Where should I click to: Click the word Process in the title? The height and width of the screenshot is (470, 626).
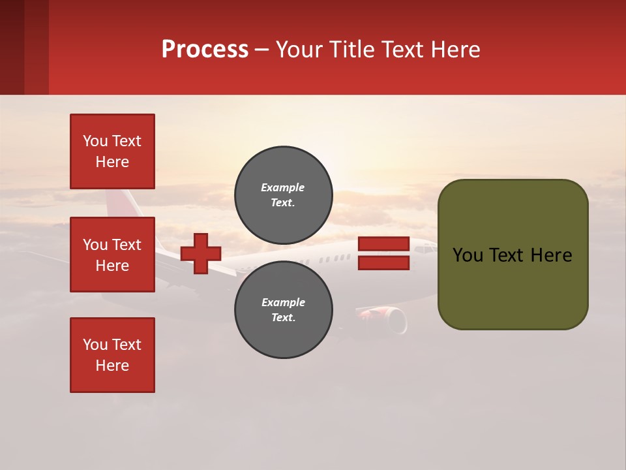205,49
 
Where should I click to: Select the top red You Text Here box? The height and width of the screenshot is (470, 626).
112,151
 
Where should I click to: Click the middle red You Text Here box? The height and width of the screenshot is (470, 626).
112,255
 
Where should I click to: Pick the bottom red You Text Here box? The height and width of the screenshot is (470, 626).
112,355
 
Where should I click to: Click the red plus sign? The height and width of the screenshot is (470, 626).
201,253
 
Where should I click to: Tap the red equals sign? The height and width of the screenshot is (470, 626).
383,253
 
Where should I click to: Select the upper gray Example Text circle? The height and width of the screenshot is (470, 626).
283,195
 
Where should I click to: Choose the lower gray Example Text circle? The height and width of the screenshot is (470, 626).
283,310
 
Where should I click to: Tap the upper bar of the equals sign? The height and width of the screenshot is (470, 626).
383,243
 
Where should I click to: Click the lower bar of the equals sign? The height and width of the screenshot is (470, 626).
383,263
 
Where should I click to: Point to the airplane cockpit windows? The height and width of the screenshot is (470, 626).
427,249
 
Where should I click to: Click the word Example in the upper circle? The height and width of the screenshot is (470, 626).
283,187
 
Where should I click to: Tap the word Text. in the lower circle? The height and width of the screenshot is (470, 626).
283,318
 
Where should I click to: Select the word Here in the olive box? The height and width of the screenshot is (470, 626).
551,255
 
